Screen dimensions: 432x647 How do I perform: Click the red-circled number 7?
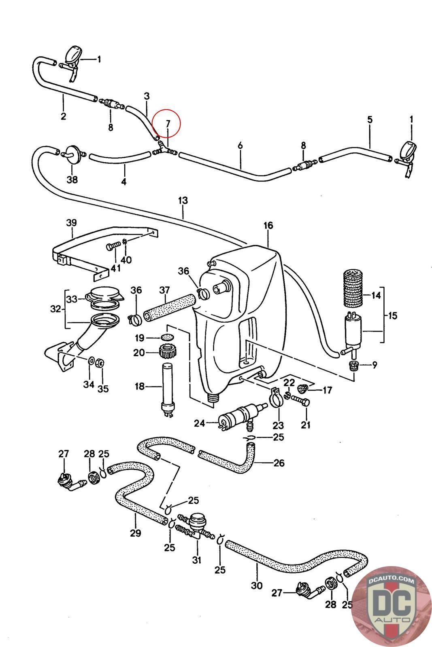click(x=168, y=124)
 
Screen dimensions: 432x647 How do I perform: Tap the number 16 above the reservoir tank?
click(x=268, y=226)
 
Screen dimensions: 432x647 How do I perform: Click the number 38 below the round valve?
click(x=72, y=180)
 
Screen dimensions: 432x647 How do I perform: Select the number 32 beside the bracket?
click(x=56, y=309)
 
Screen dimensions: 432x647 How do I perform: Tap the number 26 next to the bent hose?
click(x=279, y=463)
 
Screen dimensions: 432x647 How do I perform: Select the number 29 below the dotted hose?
click(x=135, y=533)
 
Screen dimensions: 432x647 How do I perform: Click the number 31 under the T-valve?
click(x=197, y=560)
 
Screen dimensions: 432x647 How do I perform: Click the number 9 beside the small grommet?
click(x=375, y=365)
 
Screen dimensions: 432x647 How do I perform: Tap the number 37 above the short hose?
click(x=164, y=290)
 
